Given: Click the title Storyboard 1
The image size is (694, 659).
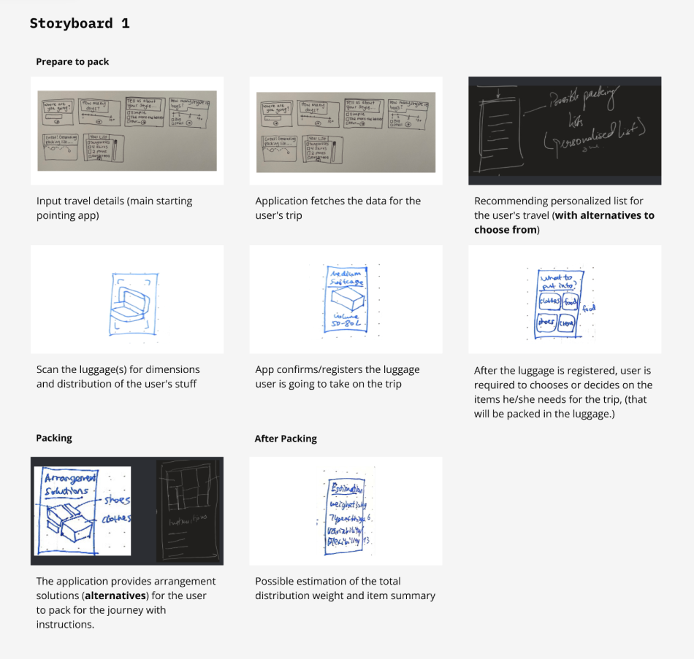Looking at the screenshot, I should tap(80, 23).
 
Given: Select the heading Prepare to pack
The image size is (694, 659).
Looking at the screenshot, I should tap(72, 62).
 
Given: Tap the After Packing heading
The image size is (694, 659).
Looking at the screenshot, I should tap(286, 439).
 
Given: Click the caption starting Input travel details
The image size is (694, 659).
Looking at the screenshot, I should tap(114, 207).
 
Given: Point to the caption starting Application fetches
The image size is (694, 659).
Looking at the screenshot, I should tap(338, 207).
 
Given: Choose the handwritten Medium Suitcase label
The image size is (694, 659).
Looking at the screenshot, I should tap(346, 277).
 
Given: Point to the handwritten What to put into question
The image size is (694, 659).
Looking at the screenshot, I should tap(557, 282).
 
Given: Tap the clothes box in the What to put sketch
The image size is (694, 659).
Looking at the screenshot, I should tap(549, 301).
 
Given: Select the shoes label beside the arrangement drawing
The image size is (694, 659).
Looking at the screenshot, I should tap(117, 501).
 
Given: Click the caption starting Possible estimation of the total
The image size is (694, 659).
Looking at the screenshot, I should tap(345, 588).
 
